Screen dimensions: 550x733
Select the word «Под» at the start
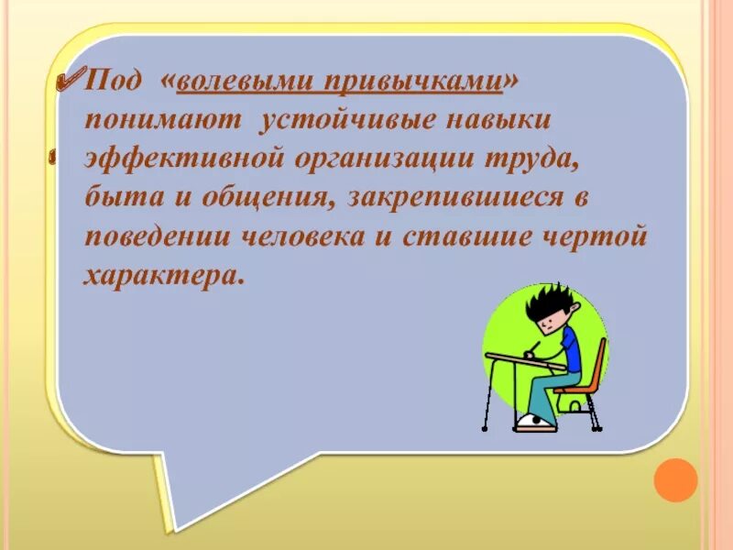click(x=114, y=82)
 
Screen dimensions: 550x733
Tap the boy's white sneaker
click(x=535, y=423)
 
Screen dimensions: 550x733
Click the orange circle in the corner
click(x=676, y=480)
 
